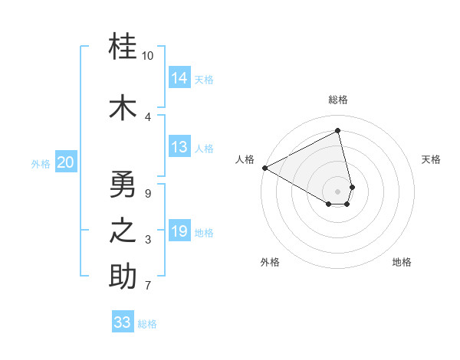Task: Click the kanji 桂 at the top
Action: (x=123, y=47)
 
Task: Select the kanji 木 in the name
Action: (x=123, y=108)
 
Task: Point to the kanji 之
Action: (x=123, y=231)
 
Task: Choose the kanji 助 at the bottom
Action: (x=123, y=277)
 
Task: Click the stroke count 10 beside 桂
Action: (x=148, y=56)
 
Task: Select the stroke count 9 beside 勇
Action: (x=148, y=194)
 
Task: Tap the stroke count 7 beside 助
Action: (x=148, y=286)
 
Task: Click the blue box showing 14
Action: (x=179, y=78)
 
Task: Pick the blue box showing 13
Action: (x=179, y=147)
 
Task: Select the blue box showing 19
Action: (x=179, y=231)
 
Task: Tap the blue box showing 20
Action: (x=66, y=162)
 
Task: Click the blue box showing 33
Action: (x=123, y=322)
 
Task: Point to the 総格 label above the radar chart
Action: (x=338, y=100)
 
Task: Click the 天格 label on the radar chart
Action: (x=431, y=159)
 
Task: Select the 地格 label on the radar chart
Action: (x=402, y=262)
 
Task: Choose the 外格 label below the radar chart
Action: (x=270, y=262)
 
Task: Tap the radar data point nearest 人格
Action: (x=264, y=168)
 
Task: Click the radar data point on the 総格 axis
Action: (x=338, y=131)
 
